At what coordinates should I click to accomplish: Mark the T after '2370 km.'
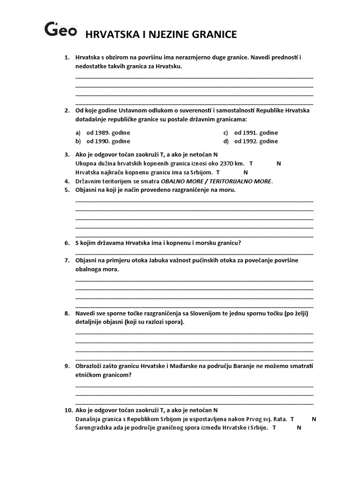[251, 164]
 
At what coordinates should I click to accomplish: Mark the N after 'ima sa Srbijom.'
[245, 172]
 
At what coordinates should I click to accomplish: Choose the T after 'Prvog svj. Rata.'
[292, 419]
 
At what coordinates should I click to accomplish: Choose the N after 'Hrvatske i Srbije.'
[299, 427]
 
